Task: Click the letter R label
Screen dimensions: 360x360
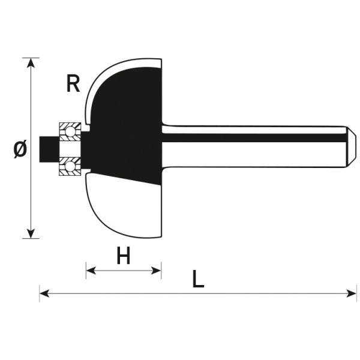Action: (73, 83)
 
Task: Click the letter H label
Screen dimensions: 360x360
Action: (124, 256)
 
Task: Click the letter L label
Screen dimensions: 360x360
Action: (198, 279)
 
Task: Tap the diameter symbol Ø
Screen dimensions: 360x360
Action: (20, 149)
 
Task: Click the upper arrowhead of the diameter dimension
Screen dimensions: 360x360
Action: (31, 63)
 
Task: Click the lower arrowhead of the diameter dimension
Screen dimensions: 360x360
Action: (31, 233)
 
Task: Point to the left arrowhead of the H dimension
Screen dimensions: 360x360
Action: (91, 271)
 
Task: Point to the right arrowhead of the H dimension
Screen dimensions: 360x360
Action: (156, 271)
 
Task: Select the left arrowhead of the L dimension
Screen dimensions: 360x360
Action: (44, 293)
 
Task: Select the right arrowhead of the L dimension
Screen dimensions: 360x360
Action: (351, 293)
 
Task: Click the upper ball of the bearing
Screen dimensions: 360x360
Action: (70, 132)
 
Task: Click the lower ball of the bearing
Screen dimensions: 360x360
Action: (70, 167)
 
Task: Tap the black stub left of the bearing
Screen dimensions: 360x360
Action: (49, 149)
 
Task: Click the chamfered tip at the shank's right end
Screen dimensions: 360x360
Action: (351, 147)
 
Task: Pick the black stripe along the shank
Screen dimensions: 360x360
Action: (254, 138)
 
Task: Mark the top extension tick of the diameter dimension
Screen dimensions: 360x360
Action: (31, 58)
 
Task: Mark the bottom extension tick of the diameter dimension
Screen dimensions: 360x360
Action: (31, 239)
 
